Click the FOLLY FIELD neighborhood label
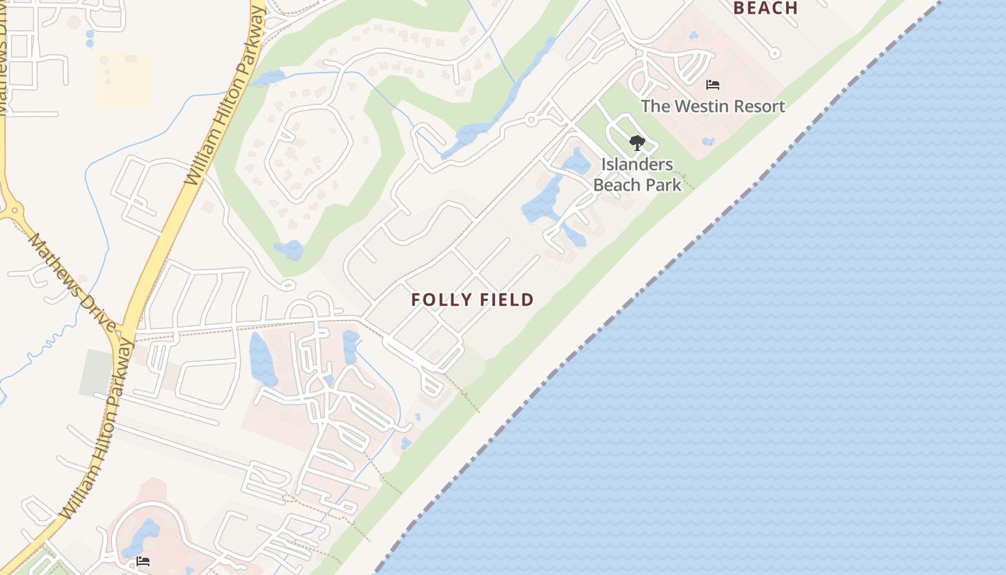click(472, 300)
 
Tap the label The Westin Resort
click(712, 106)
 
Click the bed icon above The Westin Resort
click(712, 85)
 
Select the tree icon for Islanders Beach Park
click(637, 142)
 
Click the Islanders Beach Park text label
click(637, 175)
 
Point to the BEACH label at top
click(765, 9)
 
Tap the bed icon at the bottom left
click(143, 561)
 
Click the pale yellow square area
click(124, 80)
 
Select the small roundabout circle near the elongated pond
click(531, 119)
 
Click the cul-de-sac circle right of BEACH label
click(774, 52)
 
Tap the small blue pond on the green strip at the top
click(268, 77)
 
